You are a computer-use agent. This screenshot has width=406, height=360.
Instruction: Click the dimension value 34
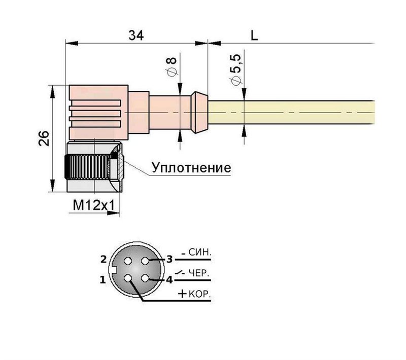coord(136,35)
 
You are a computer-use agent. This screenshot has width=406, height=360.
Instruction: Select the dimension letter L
coord(255,35)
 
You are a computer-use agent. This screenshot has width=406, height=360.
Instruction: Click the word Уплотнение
coord(191,168)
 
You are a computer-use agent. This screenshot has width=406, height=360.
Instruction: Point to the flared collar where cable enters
coord(199,112)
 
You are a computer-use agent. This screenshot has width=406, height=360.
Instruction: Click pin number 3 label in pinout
coord(170,259)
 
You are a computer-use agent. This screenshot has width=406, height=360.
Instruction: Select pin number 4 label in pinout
coord(170,279)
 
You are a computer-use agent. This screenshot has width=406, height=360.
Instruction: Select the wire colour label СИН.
coord(199,252)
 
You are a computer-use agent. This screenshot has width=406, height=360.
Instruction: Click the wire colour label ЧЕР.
coord(198,273)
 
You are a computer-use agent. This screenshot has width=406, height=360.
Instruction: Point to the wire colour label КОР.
coord(200,294)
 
